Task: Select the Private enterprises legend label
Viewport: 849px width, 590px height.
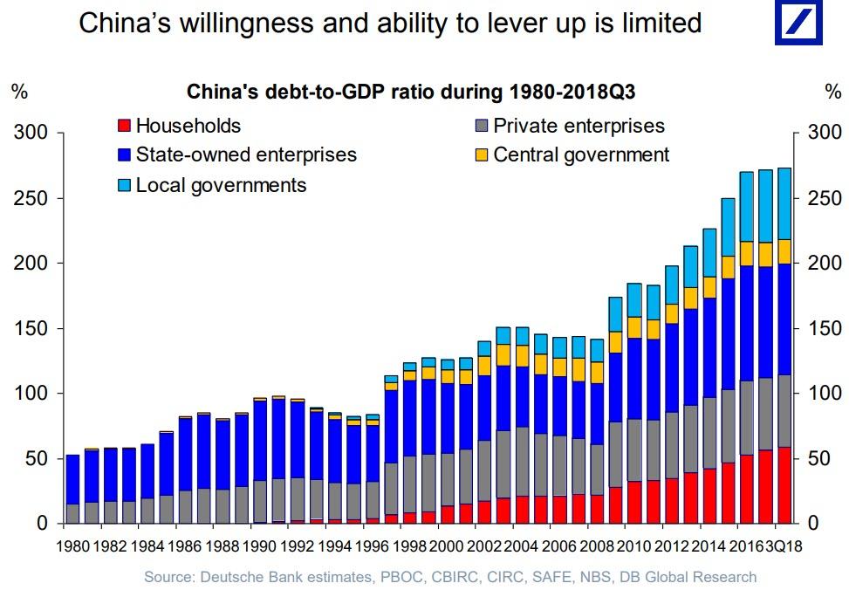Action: click(x=579, y=127)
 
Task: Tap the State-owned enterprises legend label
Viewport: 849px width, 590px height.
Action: click(x=246, y=155)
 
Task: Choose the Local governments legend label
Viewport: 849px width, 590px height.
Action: click(x=221, y=185)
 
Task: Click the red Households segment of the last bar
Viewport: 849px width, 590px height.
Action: click(x=784, y=485)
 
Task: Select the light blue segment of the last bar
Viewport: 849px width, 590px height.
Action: click(x=784, y=203)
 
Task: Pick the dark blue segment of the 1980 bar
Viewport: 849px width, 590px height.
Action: click(x=72, y=479)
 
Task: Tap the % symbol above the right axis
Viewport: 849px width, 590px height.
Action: click(x=832, y=92)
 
